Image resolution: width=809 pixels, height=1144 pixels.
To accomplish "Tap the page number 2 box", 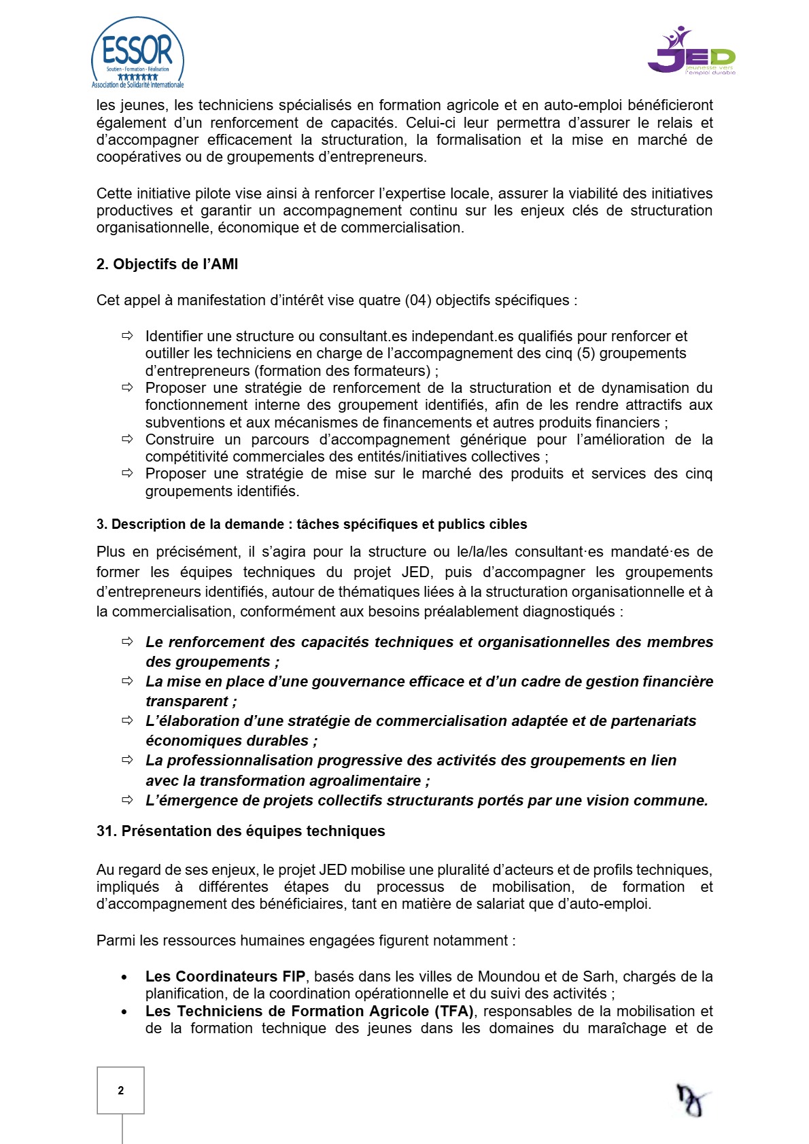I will (x=120, y=1090).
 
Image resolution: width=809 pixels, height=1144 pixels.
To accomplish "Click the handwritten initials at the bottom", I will (x=691, y=1099).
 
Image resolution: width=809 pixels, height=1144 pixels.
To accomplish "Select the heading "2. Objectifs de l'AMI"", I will (x=167, y=264).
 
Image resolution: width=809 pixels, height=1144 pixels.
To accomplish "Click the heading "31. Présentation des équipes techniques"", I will (x=241, y=831).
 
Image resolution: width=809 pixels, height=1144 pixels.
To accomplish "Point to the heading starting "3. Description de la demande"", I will (x=311, y=524).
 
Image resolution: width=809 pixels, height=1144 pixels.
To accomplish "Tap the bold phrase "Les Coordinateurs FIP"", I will (x=225, y=977).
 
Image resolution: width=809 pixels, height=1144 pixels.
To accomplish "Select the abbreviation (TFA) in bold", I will (x=453, y=1011).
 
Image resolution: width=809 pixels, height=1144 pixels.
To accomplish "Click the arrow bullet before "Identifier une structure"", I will (x=127, y=336).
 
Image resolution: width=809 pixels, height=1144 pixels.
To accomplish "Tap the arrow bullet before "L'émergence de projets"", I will (x=127, y=800).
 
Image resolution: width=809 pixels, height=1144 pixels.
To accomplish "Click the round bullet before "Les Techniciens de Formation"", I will (x=124, y=1012).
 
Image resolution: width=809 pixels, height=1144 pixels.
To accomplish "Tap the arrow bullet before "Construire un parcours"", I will (x=127, y=439).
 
